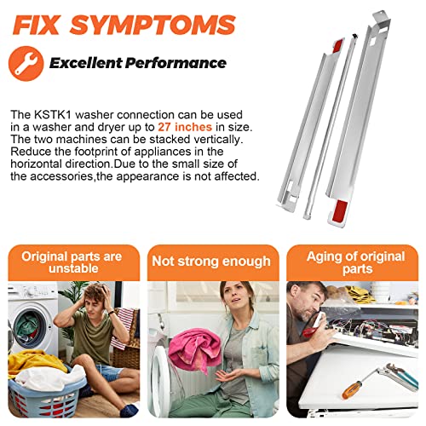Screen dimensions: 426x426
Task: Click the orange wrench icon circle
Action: [26, 63]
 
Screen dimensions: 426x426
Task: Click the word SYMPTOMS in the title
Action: [153, 25]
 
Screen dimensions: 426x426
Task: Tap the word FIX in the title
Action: [36, 25]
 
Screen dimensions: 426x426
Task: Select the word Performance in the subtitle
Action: [176, 63]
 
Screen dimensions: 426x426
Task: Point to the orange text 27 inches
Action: [185, 127]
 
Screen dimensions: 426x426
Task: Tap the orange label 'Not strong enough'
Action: [211, 262]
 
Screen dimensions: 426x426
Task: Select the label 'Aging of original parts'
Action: [356, 262]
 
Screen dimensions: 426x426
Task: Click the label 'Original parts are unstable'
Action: [72, 262]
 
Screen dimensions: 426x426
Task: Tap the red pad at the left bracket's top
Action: [338, 45]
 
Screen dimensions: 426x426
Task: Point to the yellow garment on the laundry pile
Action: [32, 364]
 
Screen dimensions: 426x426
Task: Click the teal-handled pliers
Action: [399, 376]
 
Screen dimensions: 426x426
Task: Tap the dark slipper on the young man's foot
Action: [129, 410]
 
